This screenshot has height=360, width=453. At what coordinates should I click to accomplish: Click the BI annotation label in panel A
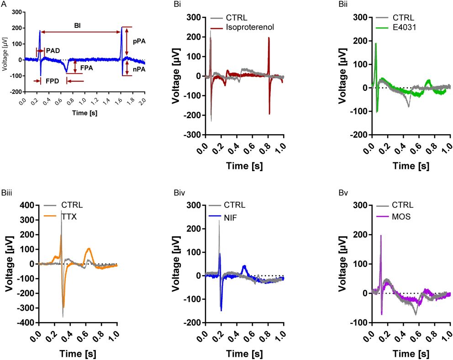coord(78,26)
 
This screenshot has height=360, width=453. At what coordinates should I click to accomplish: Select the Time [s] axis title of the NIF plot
coord(244,354)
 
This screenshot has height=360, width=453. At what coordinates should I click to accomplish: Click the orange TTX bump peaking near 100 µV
coord(89,250)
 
